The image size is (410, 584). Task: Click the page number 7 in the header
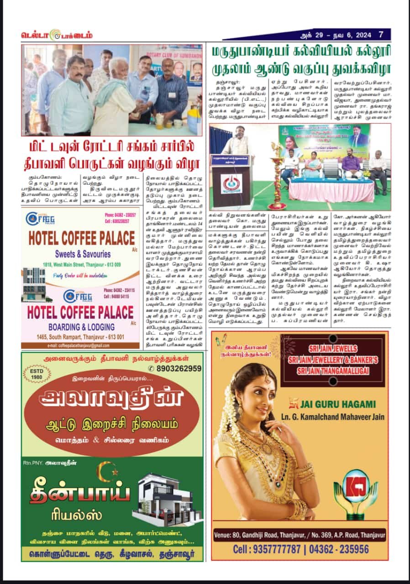(381, 35)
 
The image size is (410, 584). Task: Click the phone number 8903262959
(178, 369)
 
